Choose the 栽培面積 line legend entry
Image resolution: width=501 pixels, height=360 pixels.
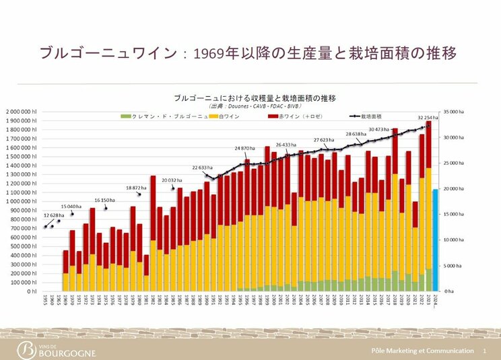[x=370, y=116]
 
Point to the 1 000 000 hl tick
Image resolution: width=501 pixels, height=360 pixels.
[x=25, y=201]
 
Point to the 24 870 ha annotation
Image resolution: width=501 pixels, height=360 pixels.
[x=245, y=147]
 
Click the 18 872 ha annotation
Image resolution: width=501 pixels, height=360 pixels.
[x=137, y=188]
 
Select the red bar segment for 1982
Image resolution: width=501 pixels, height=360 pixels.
[x=153, y=208]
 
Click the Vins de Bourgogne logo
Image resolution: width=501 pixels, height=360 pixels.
[x=57, y=350]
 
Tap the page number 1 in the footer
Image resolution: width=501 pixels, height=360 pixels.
[x=484, y=351]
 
